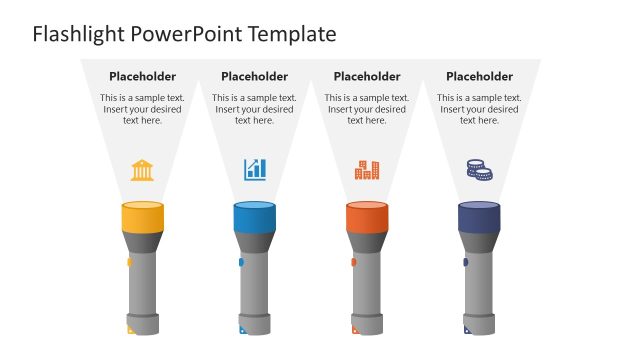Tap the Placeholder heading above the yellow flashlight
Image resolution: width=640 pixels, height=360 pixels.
coord(142,76)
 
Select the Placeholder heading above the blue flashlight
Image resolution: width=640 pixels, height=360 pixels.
coord(254,76)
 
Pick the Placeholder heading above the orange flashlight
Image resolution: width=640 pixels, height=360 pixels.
coord(367,76)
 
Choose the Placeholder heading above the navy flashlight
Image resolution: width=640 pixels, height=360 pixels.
coord(479,76)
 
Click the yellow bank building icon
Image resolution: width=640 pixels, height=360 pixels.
coord(142,170)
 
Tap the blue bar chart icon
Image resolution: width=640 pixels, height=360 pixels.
coord(255,169)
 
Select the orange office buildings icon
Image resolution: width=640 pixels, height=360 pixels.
coord(367,170)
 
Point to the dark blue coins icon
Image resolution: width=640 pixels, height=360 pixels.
coord(479,170)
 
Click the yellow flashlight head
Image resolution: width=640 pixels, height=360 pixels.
coord(142,217)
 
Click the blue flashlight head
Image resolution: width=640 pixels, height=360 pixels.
coord(254,217)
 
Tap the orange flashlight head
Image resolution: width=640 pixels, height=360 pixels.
coord(366,217)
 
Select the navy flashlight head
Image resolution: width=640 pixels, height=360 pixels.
coord(479,217)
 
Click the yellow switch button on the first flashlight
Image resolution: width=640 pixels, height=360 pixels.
coord(128,262)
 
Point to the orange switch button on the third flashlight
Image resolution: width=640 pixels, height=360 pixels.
coord(353,262)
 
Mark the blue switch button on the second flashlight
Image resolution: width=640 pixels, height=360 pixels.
coord(241,262)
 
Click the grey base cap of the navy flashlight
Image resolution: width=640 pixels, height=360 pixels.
coord(479,324)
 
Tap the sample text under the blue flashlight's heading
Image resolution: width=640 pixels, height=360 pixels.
coord(254,109)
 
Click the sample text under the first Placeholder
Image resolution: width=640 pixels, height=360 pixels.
coord(142,109)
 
